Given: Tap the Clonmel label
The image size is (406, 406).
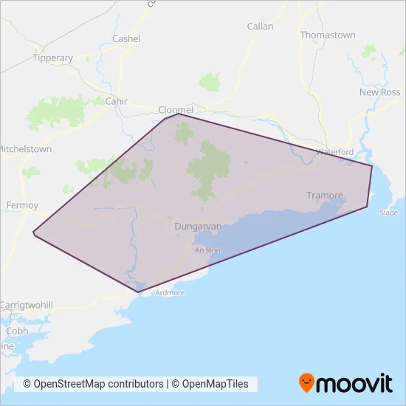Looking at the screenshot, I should pyautogui.click(x=176, y=110).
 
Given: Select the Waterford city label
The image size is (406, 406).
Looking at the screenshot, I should pyautogui.click(x=335, y=151).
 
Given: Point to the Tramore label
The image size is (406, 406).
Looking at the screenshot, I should pyautogui.click(x=325, y=196).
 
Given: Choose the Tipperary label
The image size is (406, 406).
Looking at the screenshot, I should pyautogui.click(x=53, y=58).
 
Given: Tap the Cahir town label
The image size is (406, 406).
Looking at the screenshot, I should pyautogui.click(x=117, y=100).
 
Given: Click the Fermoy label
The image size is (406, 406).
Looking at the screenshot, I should pyautogui.click(x=16, y=204).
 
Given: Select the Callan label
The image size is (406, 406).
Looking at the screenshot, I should pyautogui.click(x=260, y=26).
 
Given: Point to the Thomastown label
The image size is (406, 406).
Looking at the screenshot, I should pyautogui.click(x=328, y=35).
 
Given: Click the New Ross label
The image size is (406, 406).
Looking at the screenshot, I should pyautogui.click(x=379, y=92).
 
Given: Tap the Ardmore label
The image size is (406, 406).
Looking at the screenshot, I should pyautogui.click(x=170, y=293).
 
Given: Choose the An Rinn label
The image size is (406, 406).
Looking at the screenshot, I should pyautogui.click(x=207, y=250).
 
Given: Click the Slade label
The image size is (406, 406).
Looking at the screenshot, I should pyautogui.click(x=388, y=212).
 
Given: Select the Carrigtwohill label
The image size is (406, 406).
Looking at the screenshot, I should pyautogui.click(x=27, y=304).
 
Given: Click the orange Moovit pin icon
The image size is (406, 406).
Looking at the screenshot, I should pyautogui.click(x=307, y=382).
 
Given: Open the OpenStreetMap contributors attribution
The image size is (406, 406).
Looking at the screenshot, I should pyautogui.click(x=93, y=384).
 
